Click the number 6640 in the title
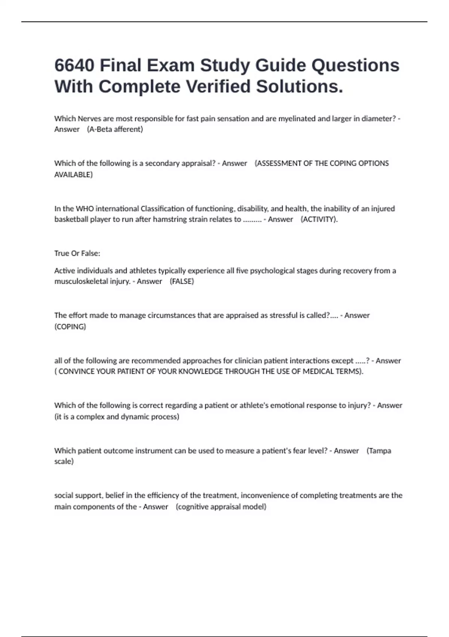[x=74, y=66]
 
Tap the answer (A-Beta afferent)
[x=115, y=129]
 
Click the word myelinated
[x=297, y=119]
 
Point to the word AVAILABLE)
[x=73, y=175]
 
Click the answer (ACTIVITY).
[x=319, y=220]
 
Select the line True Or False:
[x=77, y=253]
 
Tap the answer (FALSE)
[x=182, y=281]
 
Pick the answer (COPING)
[x=70, y=327]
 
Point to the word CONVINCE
[x=76, y=372]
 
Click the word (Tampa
[x=379, y=451]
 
